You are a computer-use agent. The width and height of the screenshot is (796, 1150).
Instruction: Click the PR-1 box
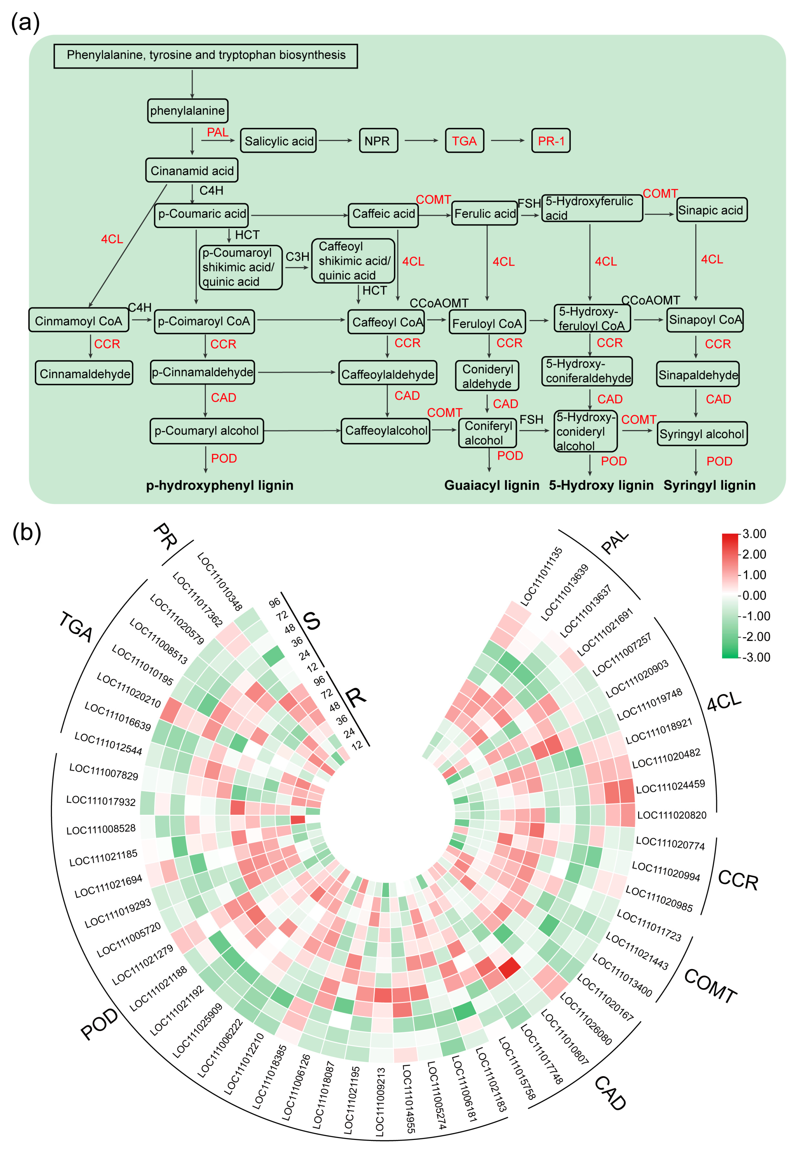coord(551,141)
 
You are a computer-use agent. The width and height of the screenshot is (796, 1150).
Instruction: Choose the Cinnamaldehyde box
coord(84,373)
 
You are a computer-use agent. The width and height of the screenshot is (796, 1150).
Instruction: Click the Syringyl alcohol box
coord(702,434)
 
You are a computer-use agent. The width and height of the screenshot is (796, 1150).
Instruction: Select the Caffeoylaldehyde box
coord(388,374)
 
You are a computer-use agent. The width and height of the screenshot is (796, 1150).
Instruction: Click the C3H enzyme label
coord(297,257)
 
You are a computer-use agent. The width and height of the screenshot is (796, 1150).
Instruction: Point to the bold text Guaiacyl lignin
coord(492,485)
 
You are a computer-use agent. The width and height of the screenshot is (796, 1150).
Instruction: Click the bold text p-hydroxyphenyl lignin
coord(219,485)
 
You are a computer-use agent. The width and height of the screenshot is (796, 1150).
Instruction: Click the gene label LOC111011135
coord(541,576)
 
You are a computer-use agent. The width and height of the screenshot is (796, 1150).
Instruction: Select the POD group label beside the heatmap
coord(99,1024)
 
